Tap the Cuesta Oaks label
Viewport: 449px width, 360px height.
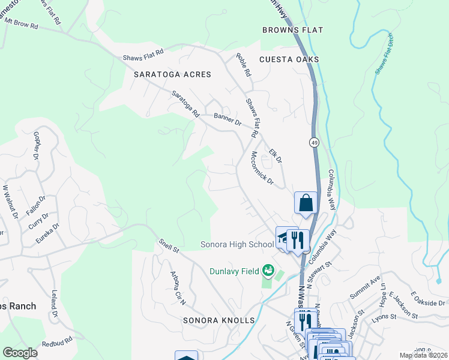(x=289, y=59)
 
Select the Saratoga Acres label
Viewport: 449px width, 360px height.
(x=168, y=74)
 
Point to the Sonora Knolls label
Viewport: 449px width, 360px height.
(x=220, y=320)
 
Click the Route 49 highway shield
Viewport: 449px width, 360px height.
(x=314, y=142)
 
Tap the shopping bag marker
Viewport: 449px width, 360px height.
(x=306, y=203)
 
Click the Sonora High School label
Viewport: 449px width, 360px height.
(x=237, y=245)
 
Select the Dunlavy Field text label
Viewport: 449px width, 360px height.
(x=234, y=271)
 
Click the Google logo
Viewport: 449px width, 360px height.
(x=21, y=353)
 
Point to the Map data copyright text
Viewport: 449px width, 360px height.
(x=423, y=355)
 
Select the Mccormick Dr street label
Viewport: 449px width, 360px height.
(x=262, y=168)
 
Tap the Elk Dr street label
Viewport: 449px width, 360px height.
(x=276, y=156)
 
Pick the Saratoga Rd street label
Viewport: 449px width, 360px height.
(x=185, y=103)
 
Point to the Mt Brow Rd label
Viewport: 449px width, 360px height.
(x=21, y=23)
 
